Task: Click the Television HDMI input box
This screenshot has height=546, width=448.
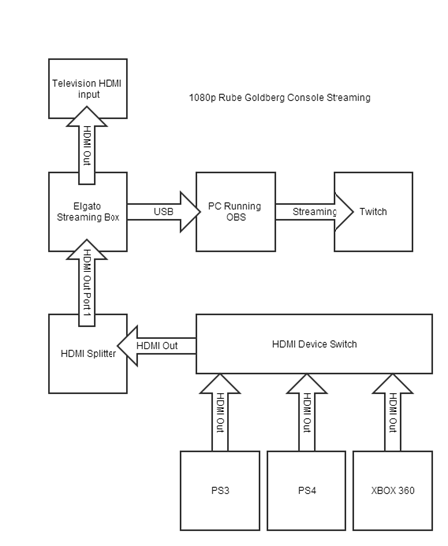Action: [88, 89]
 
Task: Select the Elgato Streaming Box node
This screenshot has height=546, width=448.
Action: [88, 211]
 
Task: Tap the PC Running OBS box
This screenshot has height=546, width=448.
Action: [234, 211]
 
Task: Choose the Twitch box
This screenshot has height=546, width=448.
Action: [373, 211]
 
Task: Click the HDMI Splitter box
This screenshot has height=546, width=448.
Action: [88, 354]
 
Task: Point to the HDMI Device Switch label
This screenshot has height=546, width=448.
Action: [314, 344]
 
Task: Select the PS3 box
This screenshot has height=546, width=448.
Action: [220, 490]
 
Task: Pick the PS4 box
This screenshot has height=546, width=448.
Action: [306, 490]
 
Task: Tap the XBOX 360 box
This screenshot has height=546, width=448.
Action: [393, 490]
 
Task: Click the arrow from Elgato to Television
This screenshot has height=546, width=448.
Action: [88, 144]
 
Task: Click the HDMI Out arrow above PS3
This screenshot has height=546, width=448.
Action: [220, 411]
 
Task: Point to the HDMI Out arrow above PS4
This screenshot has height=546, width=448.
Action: [306, 411]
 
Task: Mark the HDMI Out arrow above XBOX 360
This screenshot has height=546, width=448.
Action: [393, 411]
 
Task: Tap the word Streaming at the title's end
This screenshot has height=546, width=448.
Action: [347, 98]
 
